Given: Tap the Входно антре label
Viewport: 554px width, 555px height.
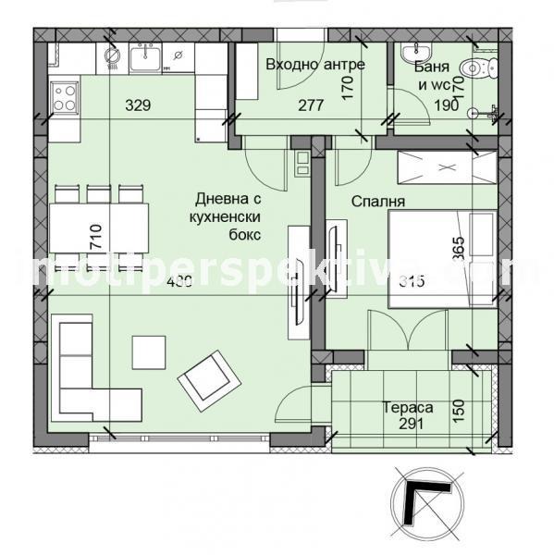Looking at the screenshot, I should (315, 65).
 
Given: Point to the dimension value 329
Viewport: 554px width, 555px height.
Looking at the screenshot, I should (138, 105).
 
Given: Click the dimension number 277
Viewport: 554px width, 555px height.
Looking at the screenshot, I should (311, 105).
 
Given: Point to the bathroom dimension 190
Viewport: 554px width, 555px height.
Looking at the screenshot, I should (448, 105).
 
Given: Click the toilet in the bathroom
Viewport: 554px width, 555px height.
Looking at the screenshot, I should (477, 68).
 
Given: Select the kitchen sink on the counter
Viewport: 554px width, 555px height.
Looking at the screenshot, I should (145, 60).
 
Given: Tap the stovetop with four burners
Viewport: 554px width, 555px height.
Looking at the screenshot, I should (65, 97).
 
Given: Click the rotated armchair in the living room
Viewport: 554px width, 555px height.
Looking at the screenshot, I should (205, 377).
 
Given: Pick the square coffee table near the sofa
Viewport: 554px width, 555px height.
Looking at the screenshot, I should (149, 351).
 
